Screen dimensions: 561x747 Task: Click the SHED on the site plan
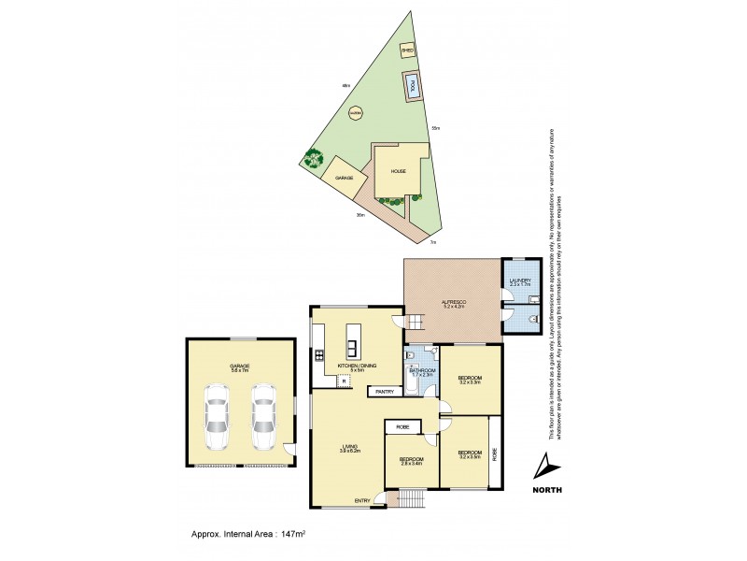click(x=408, y=50)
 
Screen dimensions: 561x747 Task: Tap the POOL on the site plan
click(x=410, y=86)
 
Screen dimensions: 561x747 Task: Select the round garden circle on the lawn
click(x=355, y=114)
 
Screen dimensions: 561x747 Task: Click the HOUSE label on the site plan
click(x=398, y=171)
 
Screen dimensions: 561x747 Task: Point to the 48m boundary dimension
click(x=346, y=86)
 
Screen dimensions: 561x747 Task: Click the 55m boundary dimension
click(x=435, y=127)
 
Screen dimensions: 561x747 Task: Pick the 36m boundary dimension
click(x=359, y=215)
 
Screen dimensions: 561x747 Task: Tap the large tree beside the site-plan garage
click(x=312, y=160)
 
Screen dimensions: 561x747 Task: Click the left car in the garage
click(x=218, y=424)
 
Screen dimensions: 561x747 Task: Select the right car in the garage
click(x=263, y=424)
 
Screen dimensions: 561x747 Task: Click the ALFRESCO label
click(x=454, y=301)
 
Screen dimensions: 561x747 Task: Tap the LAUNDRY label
click(x=519, y=281)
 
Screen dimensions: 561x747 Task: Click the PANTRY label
click(x=385, y=392)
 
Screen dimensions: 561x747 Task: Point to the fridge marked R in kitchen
click(x=345, y=381)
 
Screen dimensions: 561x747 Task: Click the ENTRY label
click(x=361, y=501)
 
